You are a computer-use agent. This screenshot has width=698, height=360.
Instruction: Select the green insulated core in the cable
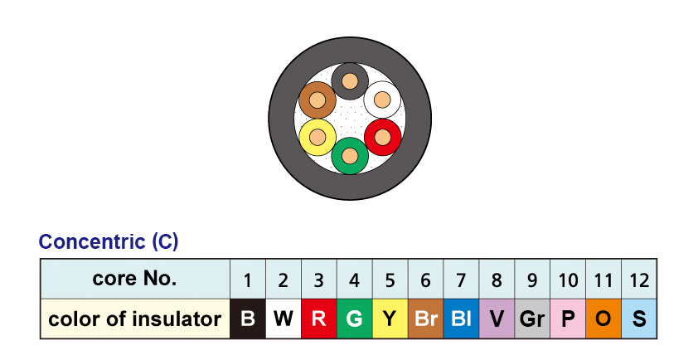[x=350, y=155]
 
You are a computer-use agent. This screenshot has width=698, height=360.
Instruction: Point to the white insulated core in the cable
[x=382, y=100]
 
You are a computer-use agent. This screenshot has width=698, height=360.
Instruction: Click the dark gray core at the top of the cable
[x=350, y=81]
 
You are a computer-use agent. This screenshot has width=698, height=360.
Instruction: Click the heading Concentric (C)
[x=109, y=242]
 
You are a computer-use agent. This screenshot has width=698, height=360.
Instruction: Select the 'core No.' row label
[x=135, y=279]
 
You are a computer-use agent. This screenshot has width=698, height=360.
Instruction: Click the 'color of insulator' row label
[x=135, y=319]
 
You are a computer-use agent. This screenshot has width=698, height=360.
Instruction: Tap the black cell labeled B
[x=247, y=319]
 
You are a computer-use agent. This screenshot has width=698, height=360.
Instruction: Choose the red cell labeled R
[x=318, y=319]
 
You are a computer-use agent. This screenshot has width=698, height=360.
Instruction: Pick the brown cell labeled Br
[x=425, y=319]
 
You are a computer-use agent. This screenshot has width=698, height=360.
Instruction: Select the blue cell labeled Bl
[x=461, y=319]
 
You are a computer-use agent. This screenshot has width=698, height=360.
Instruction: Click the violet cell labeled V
[x=497, y=319]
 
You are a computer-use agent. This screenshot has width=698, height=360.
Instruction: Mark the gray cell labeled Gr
[x=532, y=319]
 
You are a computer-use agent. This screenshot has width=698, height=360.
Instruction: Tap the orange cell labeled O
[x=603, y=319]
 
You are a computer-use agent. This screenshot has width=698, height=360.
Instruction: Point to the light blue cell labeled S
[x=639, y=319]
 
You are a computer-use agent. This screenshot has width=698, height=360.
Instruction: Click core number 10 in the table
[x=568, y=280]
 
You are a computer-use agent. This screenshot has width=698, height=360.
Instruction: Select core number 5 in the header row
[x=390, y=280]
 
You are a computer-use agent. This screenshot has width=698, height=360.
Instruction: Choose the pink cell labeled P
[x=568, y=319]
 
